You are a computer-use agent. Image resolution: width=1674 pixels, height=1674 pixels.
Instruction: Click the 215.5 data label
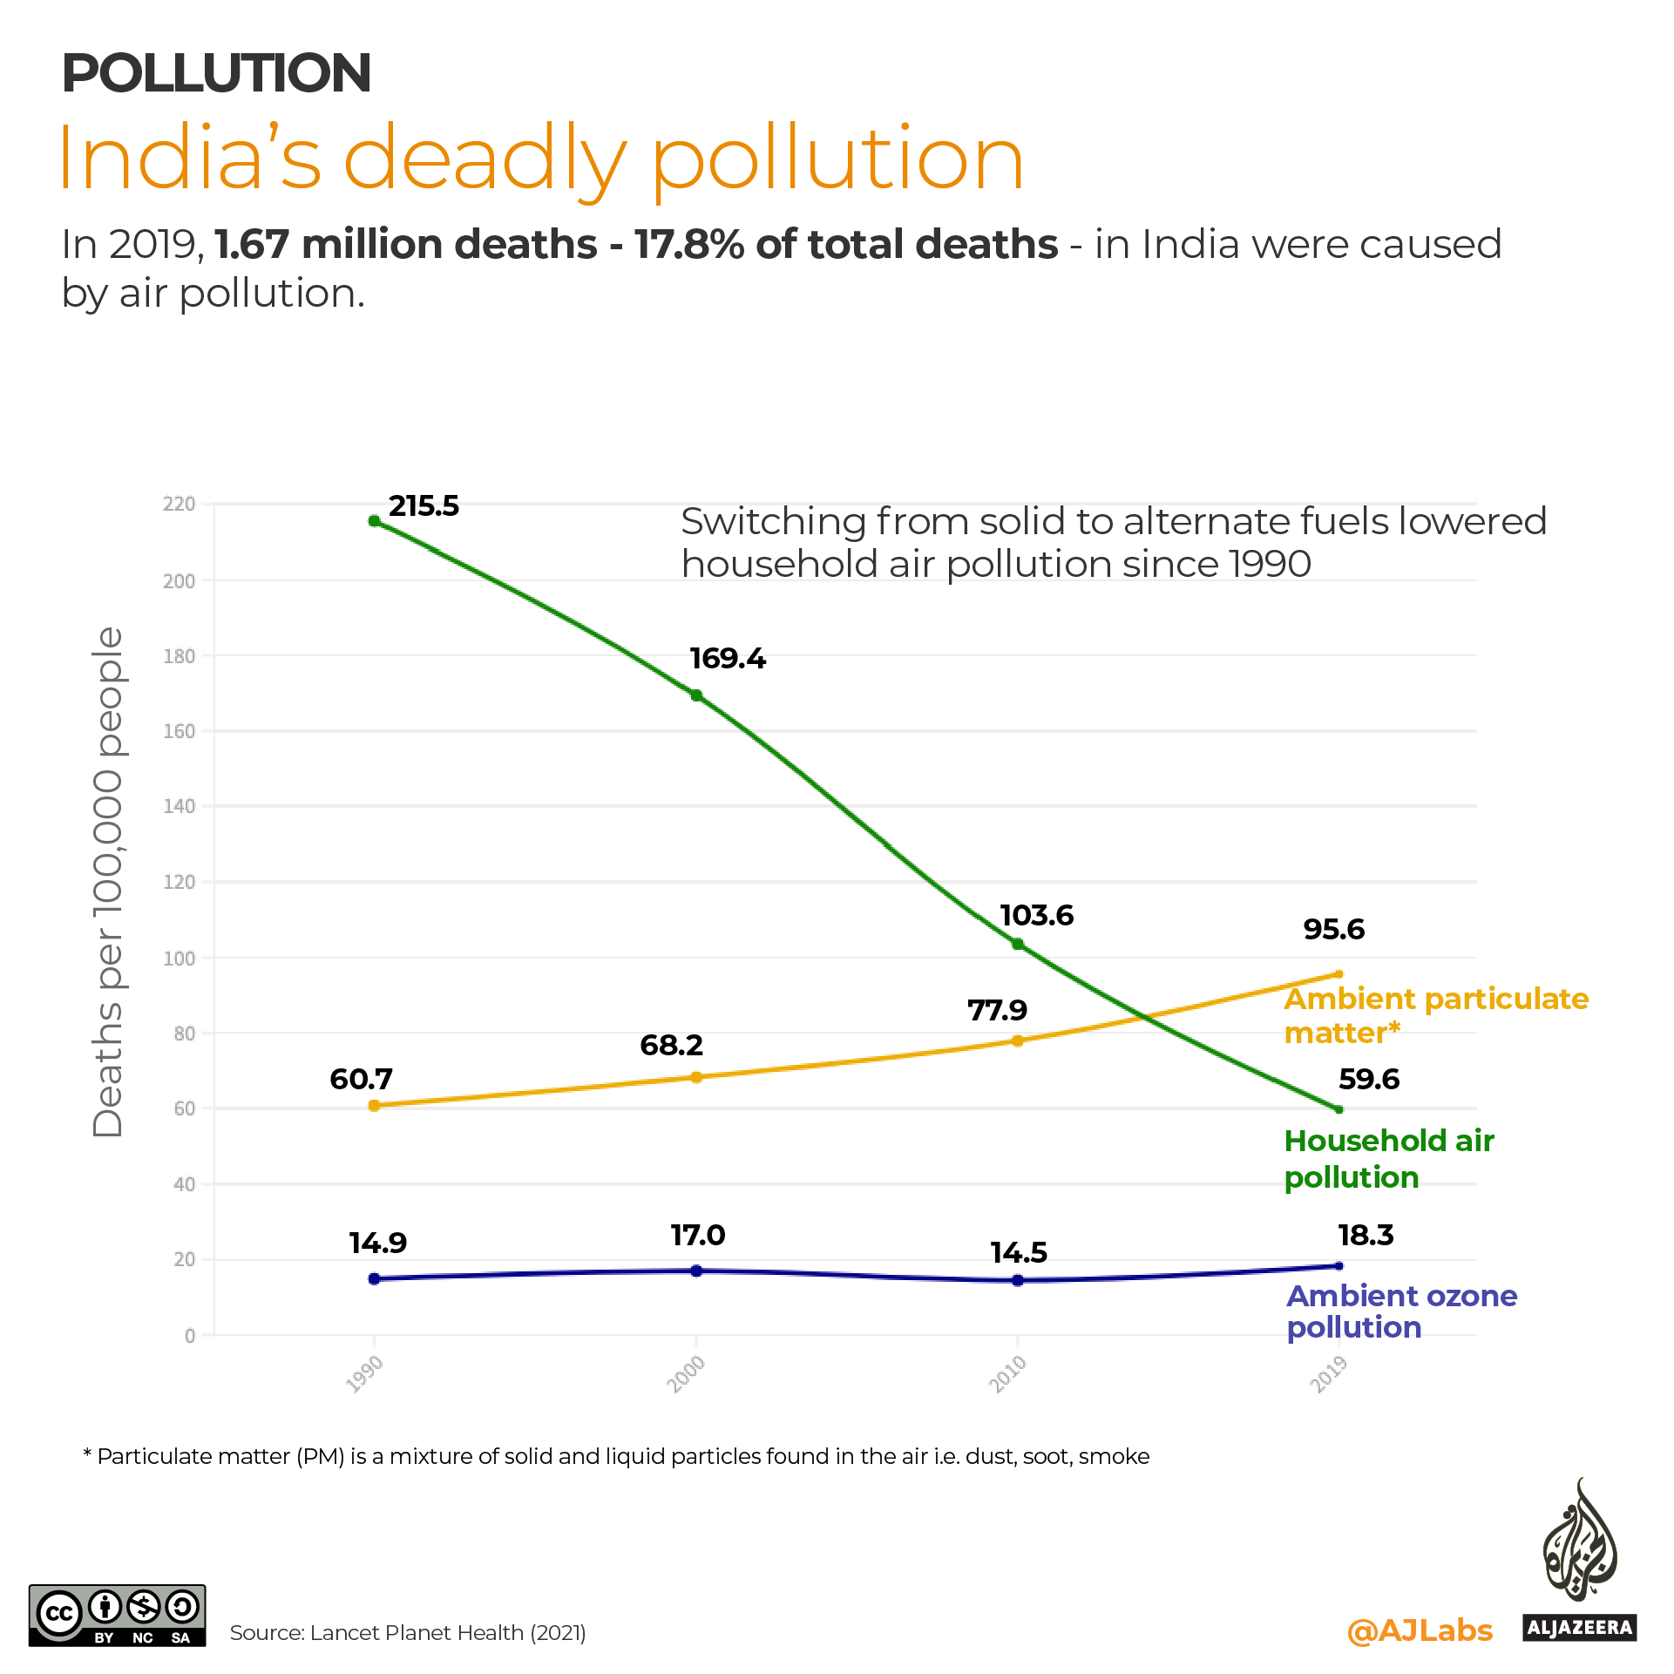pyautogui.click(x=424, y=506)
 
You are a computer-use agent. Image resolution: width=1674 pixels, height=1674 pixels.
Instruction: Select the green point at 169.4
pyautogui.click(x=696, y=695)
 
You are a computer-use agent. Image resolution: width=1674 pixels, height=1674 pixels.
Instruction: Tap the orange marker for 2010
pyautogui.click(x=1018, y=1040)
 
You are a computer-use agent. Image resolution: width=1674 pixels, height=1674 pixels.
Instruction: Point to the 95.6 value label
pyautogui.click(x=1333, y=930)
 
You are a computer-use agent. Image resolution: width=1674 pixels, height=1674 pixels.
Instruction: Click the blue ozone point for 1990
pyautogui.click(x=375, y=1279)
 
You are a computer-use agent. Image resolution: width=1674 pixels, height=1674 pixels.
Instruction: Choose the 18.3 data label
pyautogui.click(x=1366, y=1236)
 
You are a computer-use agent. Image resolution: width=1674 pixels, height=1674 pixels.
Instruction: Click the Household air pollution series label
pyautogui.click(x=1388, y=1159)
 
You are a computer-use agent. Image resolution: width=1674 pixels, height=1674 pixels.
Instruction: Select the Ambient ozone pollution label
pyautogui.click(x=1401, y=1311)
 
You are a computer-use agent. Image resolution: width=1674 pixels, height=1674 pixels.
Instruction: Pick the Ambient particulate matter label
pyautogui.click(x=1435, y=1016)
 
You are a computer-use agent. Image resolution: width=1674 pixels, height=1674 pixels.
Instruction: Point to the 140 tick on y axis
pyautogui.click(x=180, y=807)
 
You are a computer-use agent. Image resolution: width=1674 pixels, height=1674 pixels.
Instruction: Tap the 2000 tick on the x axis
pyautogui.click(x=686, y=1374)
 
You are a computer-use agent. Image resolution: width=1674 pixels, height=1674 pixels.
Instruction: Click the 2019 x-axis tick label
pyautogui.click(x=1329, y=1374)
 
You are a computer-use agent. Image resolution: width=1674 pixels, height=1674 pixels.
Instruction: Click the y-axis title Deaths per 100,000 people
pyautogui.click(x=108, y=882)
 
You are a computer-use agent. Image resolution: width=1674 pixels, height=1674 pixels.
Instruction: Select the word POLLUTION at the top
pyautogui.click(x=216, y=73)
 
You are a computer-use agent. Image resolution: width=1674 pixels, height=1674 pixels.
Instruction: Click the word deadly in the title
pyautogui.click(x=485, y=159)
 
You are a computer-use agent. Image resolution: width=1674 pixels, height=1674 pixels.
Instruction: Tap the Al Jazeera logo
pyautogui.click(x=1579, y=1560)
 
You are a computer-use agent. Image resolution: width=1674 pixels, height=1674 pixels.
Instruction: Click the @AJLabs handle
pyautogui.click(x=1420, y=1630)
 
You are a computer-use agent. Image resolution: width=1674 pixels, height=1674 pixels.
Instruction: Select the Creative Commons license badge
pyautogui.click(x=118, y=1615)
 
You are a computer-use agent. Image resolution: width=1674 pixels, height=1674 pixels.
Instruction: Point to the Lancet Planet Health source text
pyautogui.click(x=408, y=1633)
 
